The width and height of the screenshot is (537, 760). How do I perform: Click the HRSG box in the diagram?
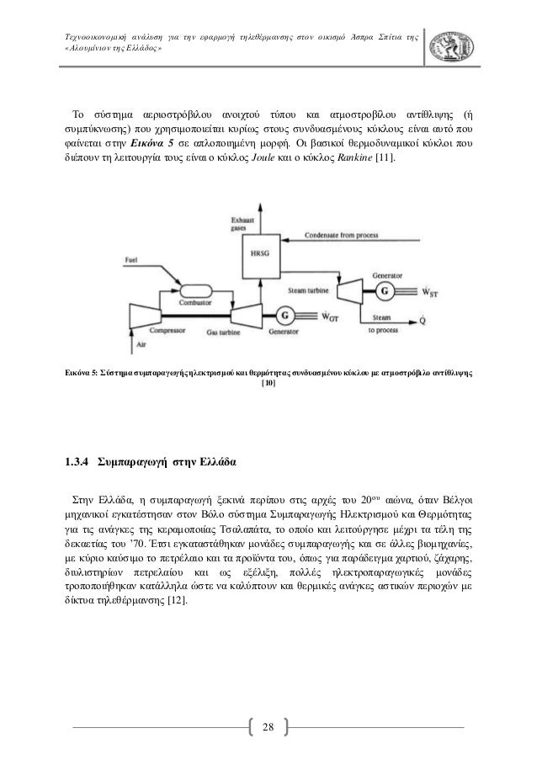point(255,252)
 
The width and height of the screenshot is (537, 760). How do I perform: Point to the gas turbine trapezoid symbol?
point(237,316)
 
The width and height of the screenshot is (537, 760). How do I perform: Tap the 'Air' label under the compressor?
point(140,343)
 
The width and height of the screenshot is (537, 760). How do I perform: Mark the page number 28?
point(268,726)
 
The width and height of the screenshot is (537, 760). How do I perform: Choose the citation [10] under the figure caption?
point(268,383)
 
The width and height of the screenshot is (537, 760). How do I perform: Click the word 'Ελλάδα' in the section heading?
point(215,462)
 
